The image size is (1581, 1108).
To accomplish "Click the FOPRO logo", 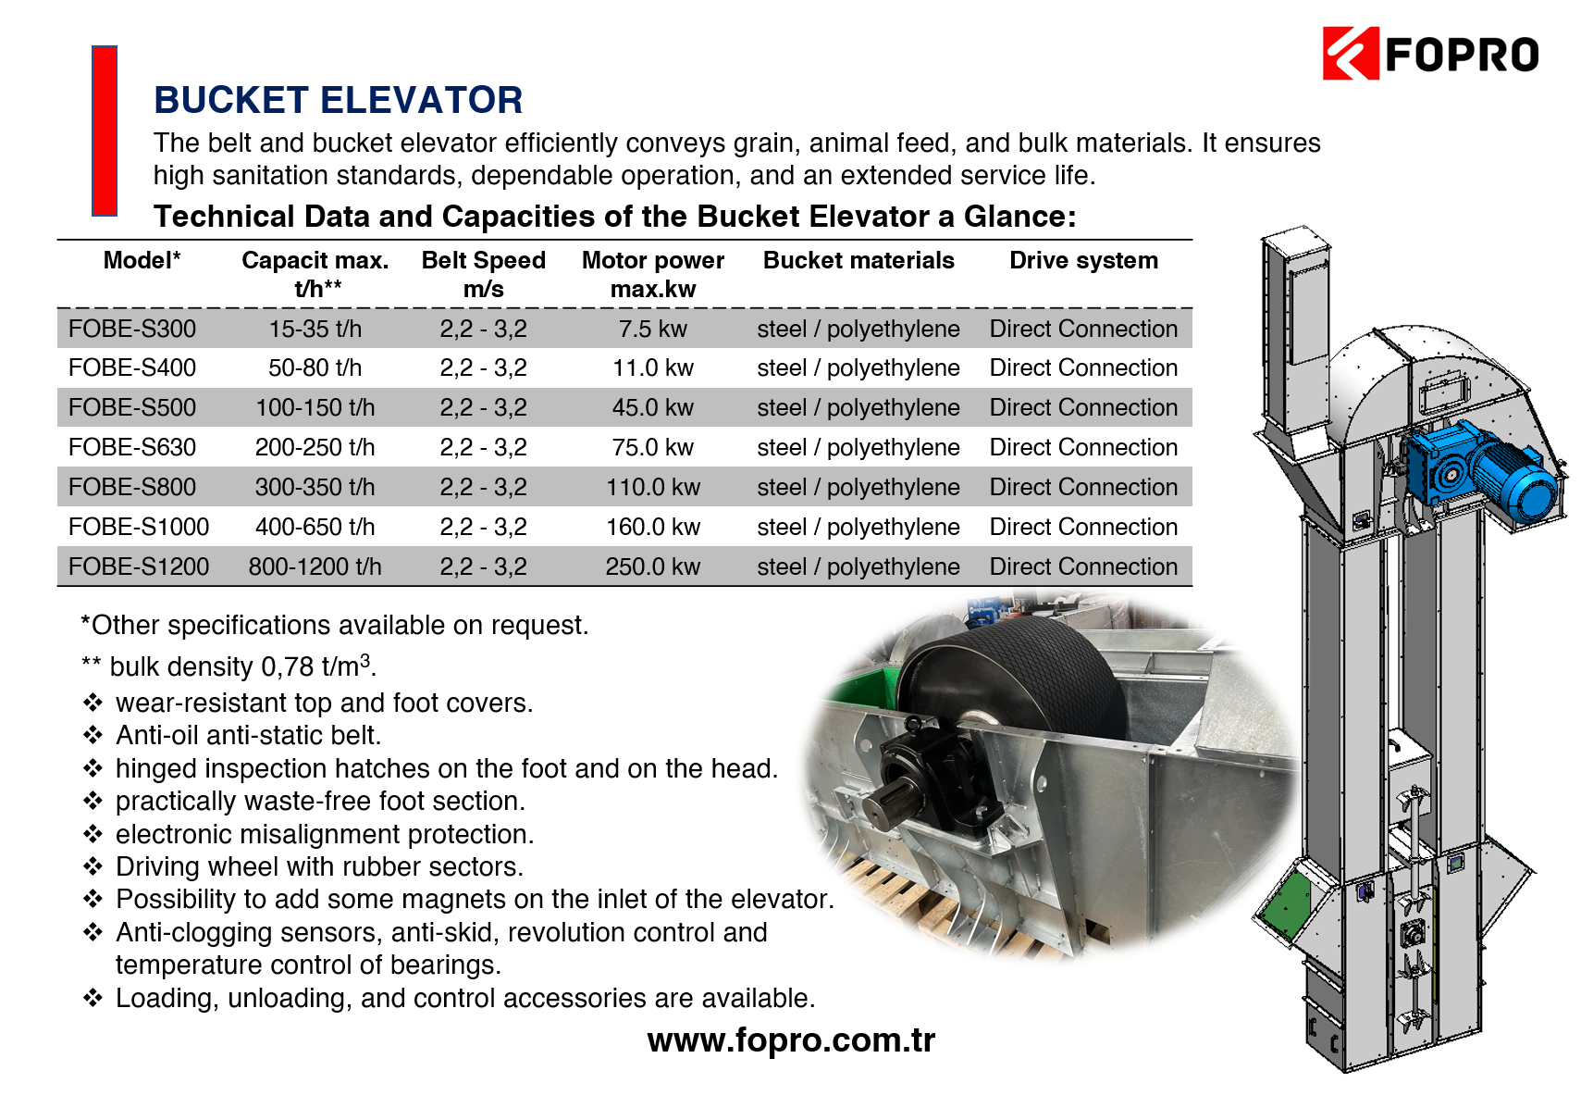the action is click(x=1429, y=54).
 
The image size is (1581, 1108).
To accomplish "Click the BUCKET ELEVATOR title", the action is click(x=338, y=100).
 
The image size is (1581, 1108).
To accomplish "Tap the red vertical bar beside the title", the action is click(x=105, y=131).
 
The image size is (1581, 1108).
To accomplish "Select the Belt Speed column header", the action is click(x=484, y=274).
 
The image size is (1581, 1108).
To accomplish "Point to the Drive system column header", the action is click(x=1083, y=260).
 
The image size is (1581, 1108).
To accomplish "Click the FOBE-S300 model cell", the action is click(x=132, y=329).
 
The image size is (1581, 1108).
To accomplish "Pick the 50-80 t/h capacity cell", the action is click(x=315, y=367).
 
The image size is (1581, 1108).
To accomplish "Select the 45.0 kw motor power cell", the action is click(x=653, y=407).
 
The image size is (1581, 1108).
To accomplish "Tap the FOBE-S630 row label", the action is click(x=132, y=447).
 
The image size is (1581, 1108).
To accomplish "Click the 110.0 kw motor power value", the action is click(x=653, y=487).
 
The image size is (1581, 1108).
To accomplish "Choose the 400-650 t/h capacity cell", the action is click(x=315, y=527).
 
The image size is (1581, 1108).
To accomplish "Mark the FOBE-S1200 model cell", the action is click(x=139, y=566).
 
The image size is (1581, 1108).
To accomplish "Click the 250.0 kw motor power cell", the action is click(x=653, y=566).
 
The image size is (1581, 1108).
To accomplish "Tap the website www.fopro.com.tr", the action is click(x=791, y=1040).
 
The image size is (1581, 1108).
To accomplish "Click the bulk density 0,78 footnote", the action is click(x=229, y=666).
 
